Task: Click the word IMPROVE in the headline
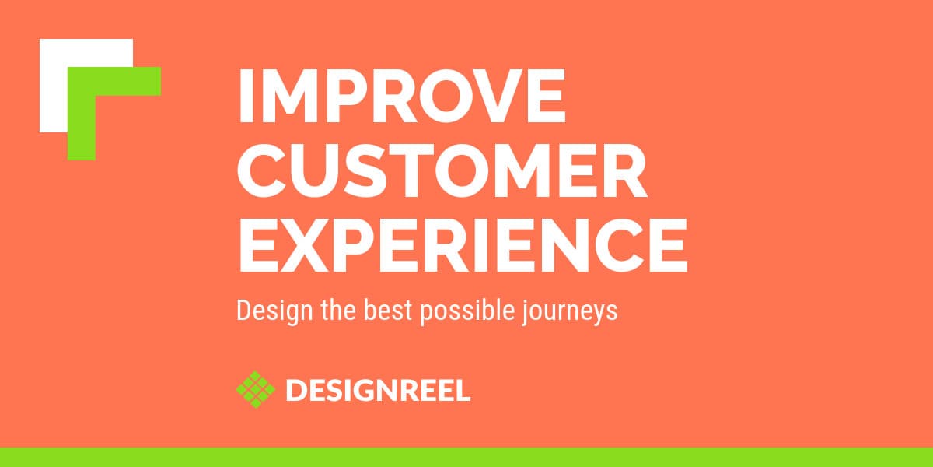click(400, 97)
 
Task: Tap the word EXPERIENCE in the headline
click(462, 245)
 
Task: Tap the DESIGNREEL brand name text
click(378, 390)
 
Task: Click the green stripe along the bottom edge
click(466, 457)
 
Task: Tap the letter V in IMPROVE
click(477, 97)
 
